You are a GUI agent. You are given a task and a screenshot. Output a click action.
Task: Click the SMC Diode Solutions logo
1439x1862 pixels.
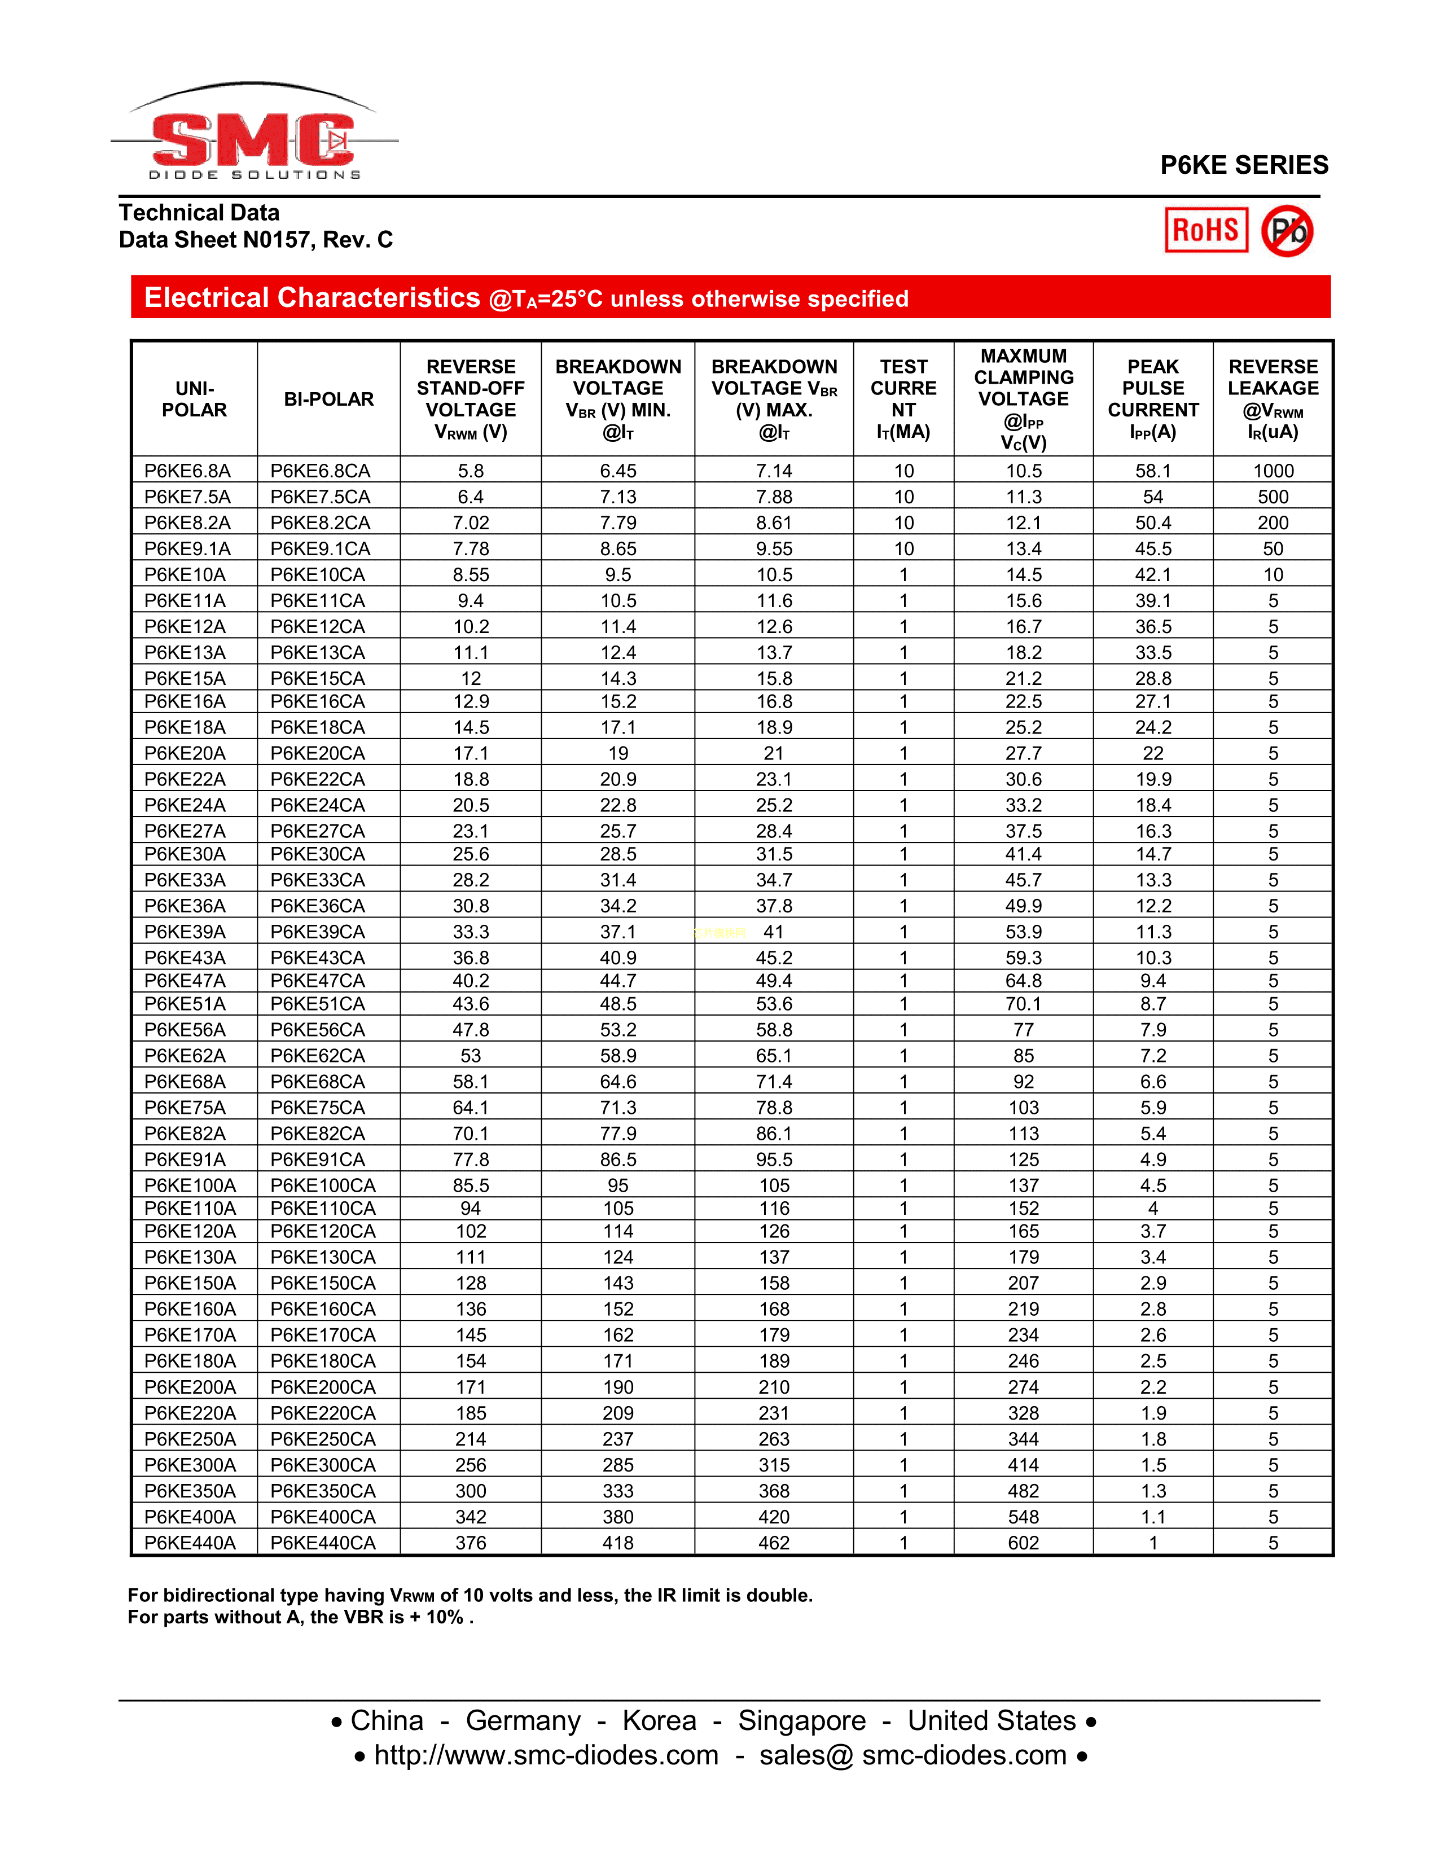254,137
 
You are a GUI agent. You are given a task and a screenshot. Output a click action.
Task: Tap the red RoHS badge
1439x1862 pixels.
1205,230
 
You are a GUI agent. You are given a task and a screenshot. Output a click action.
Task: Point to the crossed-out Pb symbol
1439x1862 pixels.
1287,230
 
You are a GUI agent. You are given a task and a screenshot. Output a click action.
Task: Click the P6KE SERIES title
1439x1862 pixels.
1244,165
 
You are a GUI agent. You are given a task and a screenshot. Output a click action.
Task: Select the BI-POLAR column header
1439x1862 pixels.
328,399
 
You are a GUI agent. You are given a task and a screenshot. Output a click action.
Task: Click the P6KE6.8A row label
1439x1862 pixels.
187,471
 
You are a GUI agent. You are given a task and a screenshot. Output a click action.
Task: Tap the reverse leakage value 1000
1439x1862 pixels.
1273,471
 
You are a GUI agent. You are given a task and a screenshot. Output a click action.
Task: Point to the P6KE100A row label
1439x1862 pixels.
190,1185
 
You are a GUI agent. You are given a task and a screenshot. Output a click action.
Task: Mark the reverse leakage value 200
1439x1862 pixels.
1273,522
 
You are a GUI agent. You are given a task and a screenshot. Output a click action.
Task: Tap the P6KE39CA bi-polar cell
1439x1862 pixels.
317,932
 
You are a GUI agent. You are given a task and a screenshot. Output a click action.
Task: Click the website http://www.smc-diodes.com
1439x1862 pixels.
546,1755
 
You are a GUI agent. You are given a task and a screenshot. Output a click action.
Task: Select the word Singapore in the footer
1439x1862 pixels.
801,1720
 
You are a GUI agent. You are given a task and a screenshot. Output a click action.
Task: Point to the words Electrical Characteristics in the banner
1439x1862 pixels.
312,297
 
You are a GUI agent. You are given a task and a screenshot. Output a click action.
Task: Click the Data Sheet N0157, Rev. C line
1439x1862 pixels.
256,240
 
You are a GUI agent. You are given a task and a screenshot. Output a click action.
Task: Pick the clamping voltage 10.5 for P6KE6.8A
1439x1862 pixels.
1023,471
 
